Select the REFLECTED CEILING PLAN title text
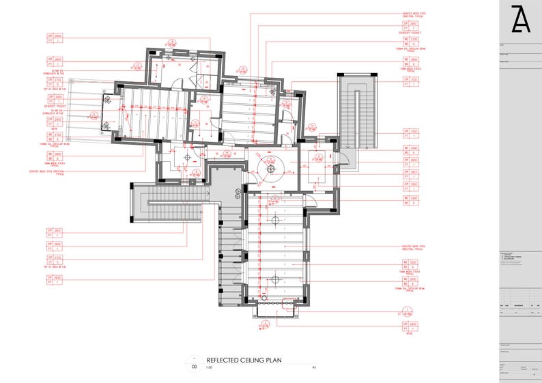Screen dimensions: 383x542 pos(244,359)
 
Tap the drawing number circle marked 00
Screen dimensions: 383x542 pos(195,366)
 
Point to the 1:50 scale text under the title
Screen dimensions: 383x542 pos(210,367)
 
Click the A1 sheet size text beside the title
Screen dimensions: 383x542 pos(314,367)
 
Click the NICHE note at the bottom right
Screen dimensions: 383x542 pos(410,335)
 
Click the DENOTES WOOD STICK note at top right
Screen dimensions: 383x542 pos(414,14)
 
